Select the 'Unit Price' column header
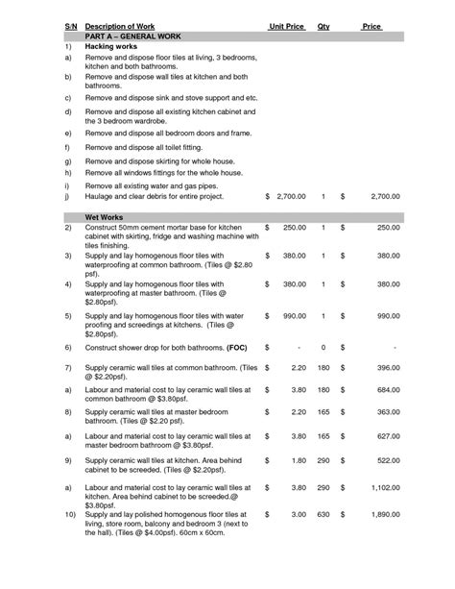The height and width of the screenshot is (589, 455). click(x=287, y=25)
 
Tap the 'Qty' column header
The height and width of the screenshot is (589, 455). click(x=323, y=25)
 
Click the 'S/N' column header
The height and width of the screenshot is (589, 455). click(x=70, y=25)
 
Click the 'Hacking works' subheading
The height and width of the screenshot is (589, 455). click(x=111, y=46)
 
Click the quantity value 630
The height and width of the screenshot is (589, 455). click(x=323, y=515)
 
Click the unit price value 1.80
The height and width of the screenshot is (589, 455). click(x=298, y=460)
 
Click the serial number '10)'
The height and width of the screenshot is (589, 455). click(x=70, y=516)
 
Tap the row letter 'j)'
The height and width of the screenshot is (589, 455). click(x=68, y=195)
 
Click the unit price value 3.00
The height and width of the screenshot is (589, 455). click(x=298, y=515)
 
